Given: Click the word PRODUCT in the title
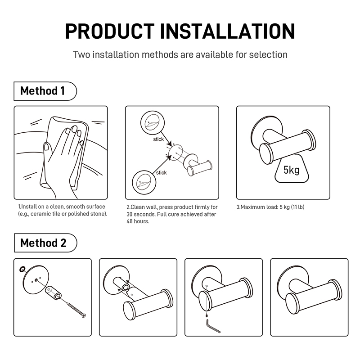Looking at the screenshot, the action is click(110, 31).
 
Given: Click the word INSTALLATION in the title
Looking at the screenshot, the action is click(227, 31).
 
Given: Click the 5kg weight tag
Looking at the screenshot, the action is click(292, 170).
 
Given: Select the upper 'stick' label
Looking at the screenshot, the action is click(158, 139).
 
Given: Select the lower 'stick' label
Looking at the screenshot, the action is click(161, 173).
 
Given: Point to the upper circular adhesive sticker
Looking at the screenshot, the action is click(153, 123).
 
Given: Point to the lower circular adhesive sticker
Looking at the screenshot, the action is click(144, 183).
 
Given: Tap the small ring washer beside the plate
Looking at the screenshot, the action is click(22, 269).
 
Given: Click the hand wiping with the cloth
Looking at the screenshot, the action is click(62, 158).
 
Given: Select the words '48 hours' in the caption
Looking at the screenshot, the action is click(138, 221).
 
